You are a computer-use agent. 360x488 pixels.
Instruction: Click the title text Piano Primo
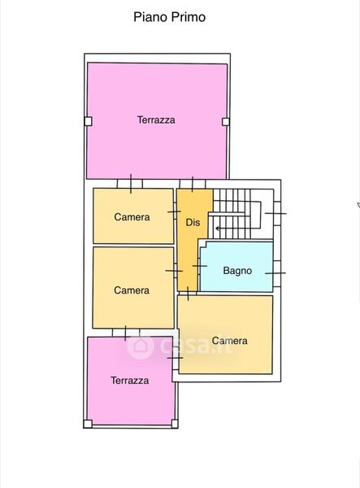point(169,17)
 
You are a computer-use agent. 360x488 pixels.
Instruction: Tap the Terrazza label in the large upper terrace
point(156,120)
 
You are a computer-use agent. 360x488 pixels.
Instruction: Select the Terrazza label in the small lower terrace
point(130,381)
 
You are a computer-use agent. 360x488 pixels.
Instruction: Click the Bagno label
point(237,271)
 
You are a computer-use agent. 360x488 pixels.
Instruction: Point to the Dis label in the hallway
point(193,222)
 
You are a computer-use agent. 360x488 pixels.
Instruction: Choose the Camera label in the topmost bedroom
point(132,217)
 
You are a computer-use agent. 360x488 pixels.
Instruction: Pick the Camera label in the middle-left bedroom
point(132,290)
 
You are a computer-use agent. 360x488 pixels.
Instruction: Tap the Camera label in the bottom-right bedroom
point(230,341)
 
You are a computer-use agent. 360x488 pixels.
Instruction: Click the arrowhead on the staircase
point(218,229)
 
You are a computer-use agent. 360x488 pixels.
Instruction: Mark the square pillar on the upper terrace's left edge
point(88,121)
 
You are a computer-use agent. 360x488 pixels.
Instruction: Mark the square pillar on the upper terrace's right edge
point(226,122)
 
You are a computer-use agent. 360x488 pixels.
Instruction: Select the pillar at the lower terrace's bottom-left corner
point(88,424)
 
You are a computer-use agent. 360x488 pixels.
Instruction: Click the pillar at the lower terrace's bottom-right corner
point(175,424)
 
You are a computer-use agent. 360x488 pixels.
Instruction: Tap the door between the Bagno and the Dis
point(199,266)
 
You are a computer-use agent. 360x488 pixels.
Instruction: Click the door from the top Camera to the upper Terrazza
point(130,184)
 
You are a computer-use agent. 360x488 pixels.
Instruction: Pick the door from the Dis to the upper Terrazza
point(193,184)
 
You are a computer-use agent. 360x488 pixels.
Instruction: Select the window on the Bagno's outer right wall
point(276,273)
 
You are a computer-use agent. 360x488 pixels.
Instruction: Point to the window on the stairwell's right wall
point(276,213)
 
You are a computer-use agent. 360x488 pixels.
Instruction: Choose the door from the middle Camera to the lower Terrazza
point(126,333)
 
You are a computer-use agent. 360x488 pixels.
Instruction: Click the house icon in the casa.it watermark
point(141,346)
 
